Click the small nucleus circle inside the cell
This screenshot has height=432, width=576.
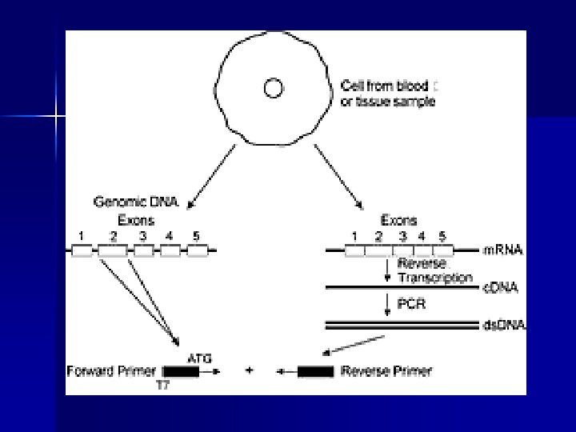coord(273,88)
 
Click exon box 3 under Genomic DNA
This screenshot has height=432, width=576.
coord(144,250)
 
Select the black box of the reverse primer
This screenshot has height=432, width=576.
coord(315,371)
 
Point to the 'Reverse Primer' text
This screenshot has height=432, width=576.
coord(386,371)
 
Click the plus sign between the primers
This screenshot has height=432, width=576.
coord(251,371)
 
